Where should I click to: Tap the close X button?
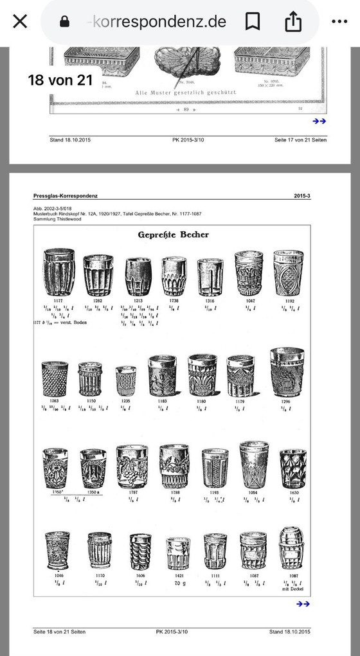20,21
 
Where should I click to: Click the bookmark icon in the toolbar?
253,21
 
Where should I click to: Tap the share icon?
292,21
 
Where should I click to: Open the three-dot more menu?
339,21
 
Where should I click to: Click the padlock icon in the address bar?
64,22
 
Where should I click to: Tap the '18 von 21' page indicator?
60,80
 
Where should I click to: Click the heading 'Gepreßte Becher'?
173,235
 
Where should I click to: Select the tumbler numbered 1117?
59,272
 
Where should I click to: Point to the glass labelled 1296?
287,372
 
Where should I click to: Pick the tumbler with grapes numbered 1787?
132,467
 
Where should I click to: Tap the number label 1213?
138,300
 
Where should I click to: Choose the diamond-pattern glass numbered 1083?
55,379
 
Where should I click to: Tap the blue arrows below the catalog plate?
303,603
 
